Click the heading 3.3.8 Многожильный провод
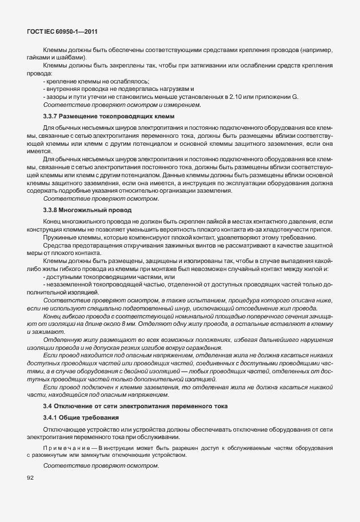tap(87, 210)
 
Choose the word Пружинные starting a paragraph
tap(59, 237)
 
